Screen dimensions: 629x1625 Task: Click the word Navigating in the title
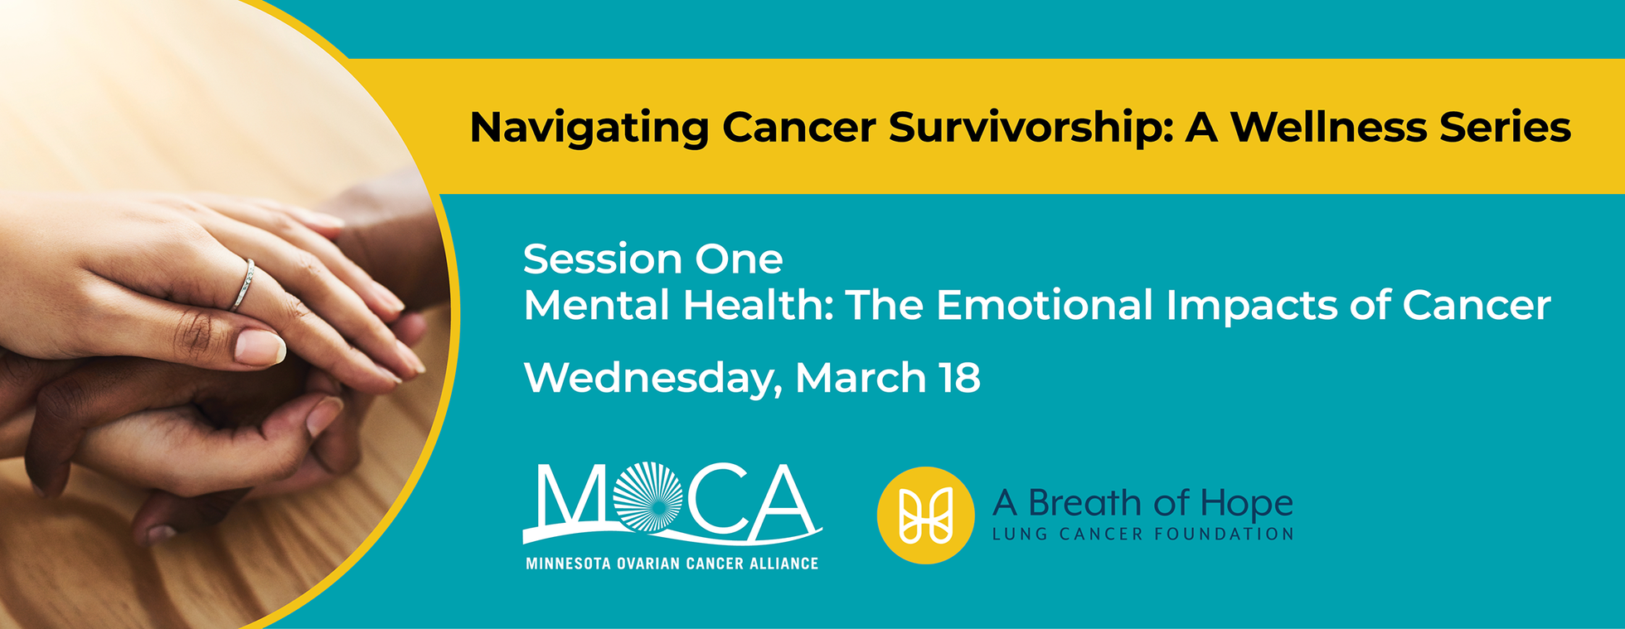(589, 128)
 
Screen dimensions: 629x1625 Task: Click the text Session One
(652, 259)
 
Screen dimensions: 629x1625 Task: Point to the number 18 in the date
(960, 378)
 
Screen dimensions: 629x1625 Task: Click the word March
(861, 378)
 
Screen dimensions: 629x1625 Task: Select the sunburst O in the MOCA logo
(649, 497)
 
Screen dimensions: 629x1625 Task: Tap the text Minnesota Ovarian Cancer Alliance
(672, 564)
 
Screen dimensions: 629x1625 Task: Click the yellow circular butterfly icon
(925, 515)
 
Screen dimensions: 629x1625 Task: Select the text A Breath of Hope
(1142, 502)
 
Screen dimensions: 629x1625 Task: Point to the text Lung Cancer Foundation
(1142, 535)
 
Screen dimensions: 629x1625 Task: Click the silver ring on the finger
(245, 284)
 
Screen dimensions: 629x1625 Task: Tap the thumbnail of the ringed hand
(259, 346)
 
